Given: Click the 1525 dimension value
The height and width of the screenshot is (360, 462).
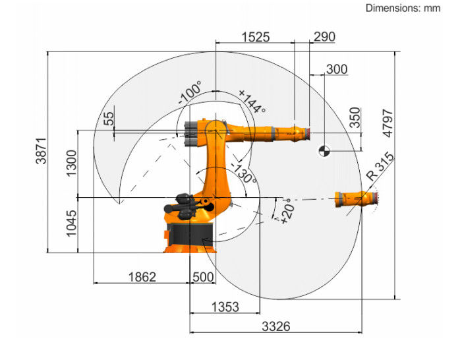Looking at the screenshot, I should tap(255, 37).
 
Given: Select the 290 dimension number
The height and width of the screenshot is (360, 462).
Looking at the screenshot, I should tap(323, 37).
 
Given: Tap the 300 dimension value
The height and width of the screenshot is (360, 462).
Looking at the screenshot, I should tap(336, 69).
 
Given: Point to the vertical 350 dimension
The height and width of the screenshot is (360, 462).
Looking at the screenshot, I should tap(355, 117).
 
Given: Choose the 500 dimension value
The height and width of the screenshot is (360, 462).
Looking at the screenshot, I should tap(202, 277).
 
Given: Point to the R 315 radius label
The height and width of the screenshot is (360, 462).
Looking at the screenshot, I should tap(381, 167).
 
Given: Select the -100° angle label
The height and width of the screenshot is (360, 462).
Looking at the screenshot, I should tap(191, 94).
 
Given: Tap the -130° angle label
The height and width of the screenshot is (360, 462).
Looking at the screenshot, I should tap(243, 173).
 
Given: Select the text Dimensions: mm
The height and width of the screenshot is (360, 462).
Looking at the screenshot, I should tap(403, 8).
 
